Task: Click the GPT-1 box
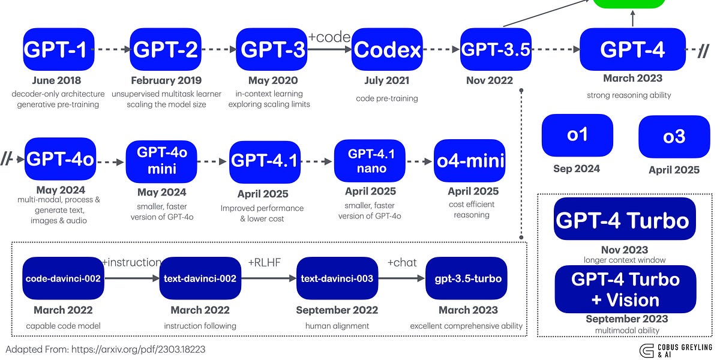click(58, 50)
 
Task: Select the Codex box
click(387, 50)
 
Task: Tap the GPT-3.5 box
click(496, 50)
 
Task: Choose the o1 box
click(577, 136)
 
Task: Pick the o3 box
click(674, 137)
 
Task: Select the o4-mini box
click(470, 161)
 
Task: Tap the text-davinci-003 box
click(337, 278)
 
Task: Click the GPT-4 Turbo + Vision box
click(625, 289)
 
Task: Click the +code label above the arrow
click(329, 37)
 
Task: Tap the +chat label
click(403, 262)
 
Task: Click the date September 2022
click(337, 310)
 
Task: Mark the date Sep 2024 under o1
click(577, 169)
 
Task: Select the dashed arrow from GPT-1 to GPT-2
click(112, 50)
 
